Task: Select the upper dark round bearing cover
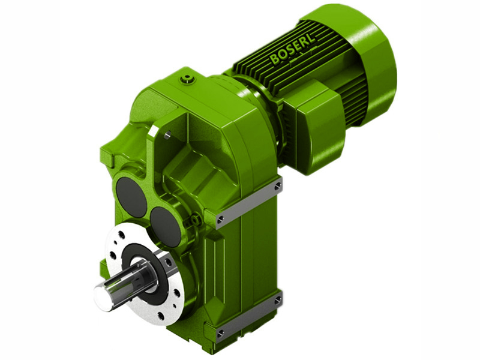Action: point(131,196)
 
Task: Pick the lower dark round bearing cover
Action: point(165,226)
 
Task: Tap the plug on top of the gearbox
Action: point(189,79)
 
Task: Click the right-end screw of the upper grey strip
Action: point(277,187)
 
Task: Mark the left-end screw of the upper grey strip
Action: point(221,219)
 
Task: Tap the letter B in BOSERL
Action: point(275,59)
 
